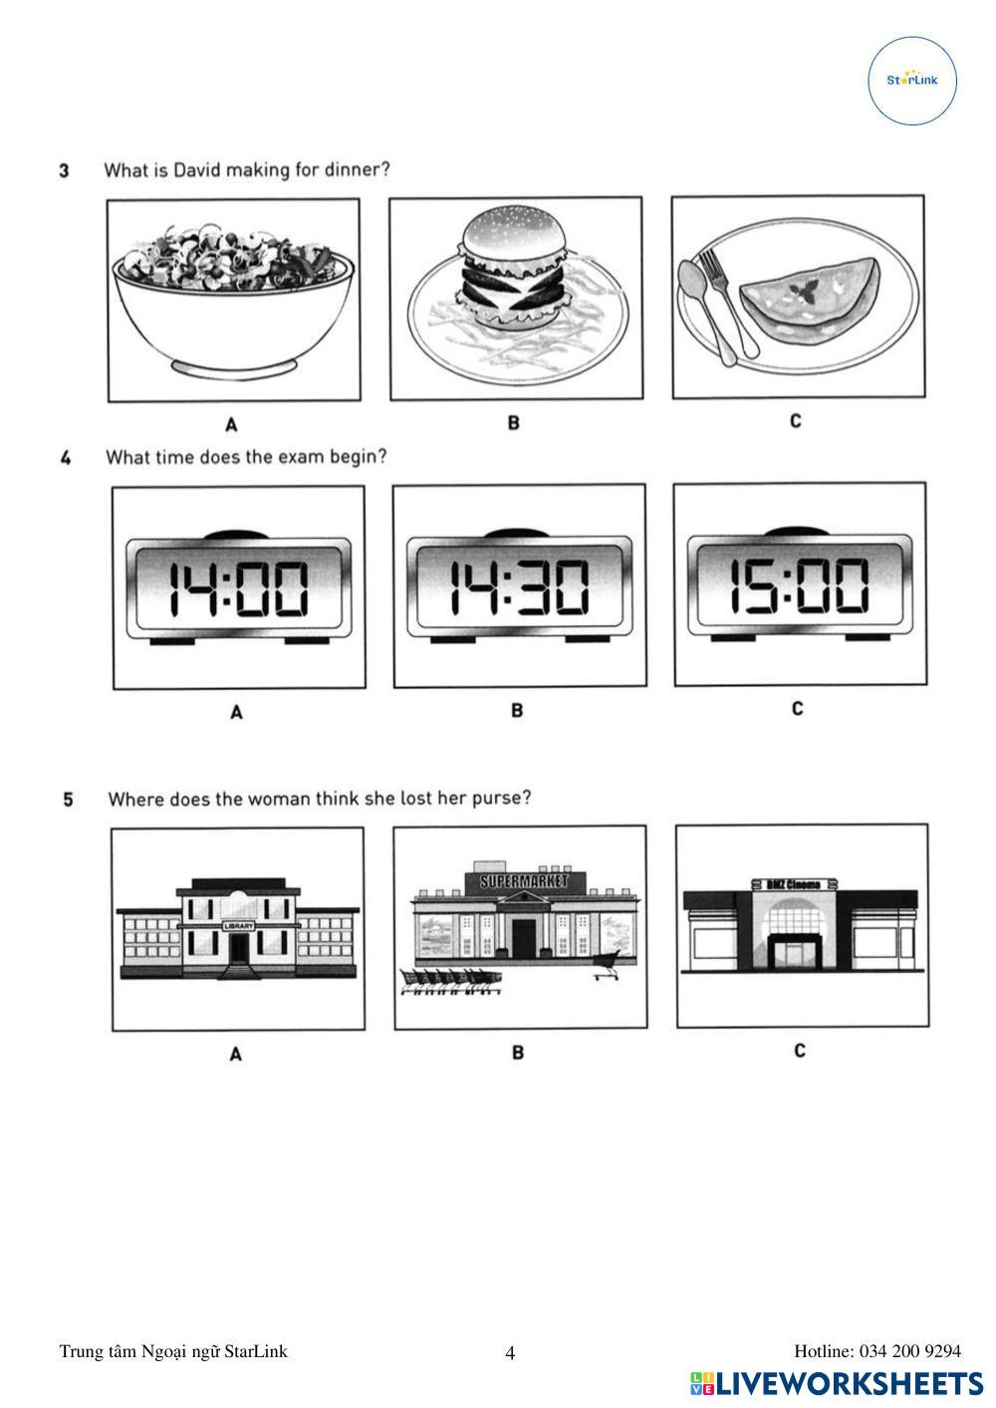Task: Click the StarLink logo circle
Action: tap(913, 81)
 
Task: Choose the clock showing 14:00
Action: tap(238, 588)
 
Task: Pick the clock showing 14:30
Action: tap(519, 587)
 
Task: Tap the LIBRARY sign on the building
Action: tap(239, 925)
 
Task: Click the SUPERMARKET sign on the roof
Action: tap(524, 881)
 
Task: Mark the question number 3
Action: tap(65, 170)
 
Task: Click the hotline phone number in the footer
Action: tap(909, 1351)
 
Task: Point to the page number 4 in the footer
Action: tap(510, 1353)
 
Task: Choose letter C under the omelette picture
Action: tap(796, 421)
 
